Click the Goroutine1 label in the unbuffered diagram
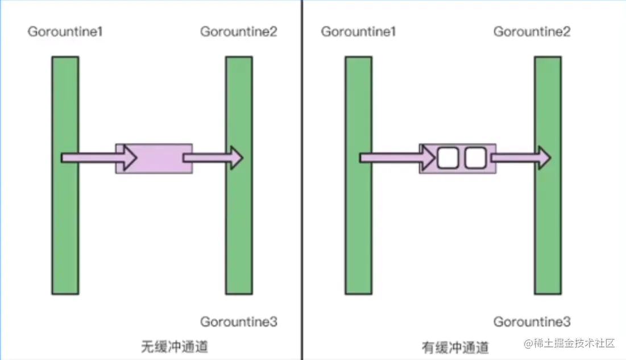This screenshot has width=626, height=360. click(65, 32)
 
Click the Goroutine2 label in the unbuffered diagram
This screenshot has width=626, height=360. click(239, 32)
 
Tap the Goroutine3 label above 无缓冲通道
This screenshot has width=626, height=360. click(239, 322)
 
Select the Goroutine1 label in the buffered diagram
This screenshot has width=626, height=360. click(358, 32)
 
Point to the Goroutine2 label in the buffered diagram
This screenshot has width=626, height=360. click(532, 32)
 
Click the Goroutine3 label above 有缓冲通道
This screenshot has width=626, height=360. click(532, 322)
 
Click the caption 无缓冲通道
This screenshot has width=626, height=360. click(174, 346)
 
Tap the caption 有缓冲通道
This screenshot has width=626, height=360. click(455, 346)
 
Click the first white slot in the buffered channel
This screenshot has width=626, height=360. click(447, 158)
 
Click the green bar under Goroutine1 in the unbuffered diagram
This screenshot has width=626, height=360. click(65, 227)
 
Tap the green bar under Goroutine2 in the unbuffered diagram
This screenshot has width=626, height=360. click(239, 227)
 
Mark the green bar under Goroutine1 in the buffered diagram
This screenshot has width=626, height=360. click(358, 227)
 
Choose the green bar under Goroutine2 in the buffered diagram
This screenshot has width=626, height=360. click(548, 227)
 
